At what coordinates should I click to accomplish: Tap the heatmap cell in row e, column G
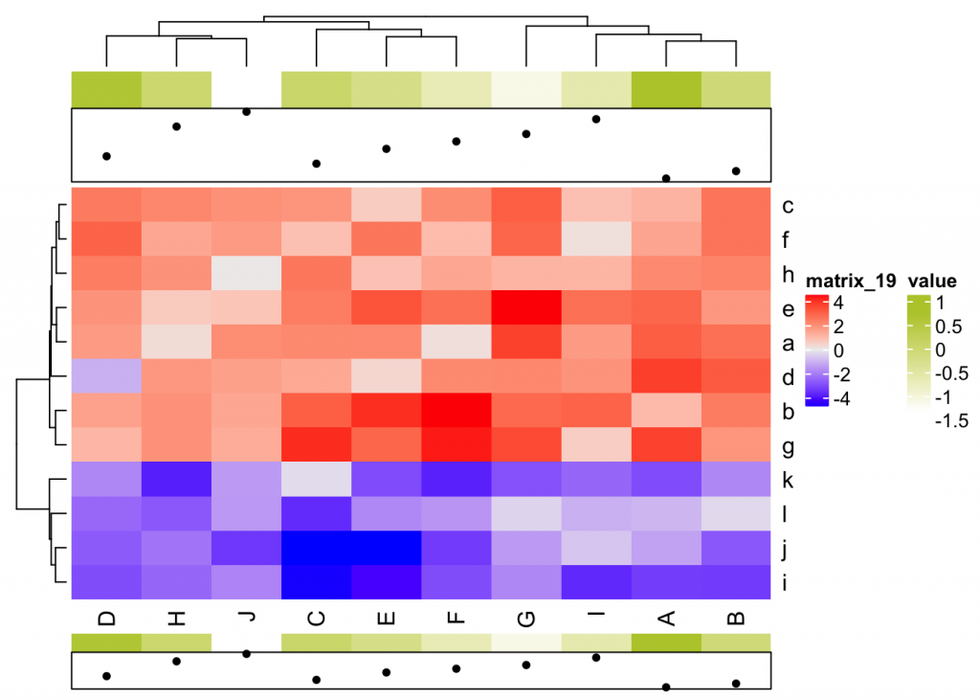(526, 308)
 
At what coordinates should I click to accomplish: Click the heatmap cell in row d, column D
(106, 377)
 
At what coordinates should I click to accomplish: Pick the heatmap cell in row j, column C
(316, 549)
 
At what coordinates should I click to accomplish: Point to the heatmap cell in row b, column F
(457, 412)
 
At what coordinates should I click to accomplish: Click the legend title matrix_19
(850, 282)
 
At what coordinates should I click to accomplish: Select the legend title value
(932, 282)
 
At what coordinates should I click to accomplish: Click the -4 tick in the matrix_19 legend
(842, 399)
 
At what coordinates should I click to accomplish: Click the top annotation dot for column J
(246, 112)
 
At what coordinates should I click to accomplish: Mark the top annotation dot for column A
(666, 178)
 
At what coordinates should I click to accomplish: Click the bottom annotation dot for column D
(106, 676)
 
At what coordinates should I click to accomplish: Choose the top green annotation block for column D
(106, 89)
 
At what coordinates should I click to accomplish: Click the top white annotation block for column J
(246, 89)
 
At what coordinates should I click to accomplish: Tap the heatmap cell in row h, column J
(246, 274)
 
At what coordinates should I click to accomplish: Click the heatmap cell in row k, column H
(176, 480)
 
